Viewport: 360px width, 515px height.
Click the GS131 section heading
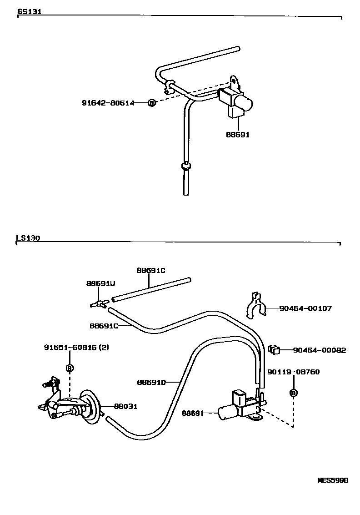click(30, 12)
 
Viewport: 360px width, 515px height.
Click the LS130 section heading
click(28, 237)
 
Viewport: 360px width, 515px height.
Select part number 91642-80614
click(108, 103)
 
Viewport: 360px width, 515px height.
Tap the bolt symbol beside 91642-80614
click(152, 103)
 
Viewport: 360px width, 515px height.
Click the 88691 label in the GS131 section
click(238, 135)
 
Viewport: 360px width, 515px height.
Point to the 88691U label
click(100, 283)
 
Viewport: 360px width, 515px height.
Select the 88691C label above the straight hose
click(151, 270)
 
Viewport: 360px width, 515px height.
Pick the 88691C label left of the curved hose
click(104, 326)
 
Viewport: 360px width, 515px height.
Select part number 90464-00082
click(320, 350)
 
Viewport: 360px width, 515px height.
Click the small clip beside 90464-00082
click(274, 349)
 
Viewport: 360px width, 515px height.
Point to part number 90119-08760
click(293, 372)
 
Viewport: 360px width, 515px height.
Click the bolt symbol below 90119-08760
click(293, 393)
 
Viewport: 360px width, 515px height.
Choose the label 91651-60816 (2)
click(76, 348)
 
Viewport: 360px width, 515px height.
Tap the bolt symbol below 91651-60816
click(70, 368)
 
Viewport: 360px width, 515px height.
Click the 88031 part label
click(125, 406)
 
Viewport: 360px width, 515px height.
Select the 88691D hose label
click(151, 382)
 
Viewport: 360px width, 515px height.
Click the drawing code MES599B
click(332, 480)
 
